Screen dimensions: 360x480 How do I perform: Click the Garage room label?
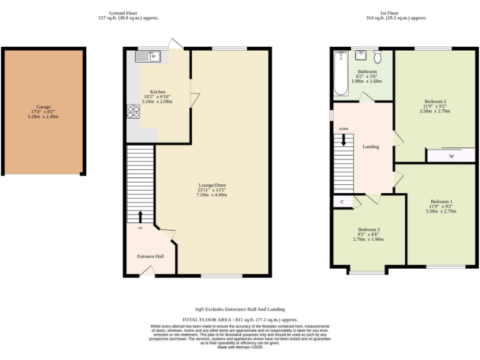(x=43, y=107)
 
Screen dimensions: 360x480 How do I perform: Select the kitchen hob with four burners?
(x=134, y=111)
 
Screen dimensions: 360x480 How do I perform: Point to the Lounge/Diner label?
(x=211, y=185)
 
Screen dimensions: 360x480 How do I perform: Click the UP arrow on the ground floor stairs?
(x=139, y=217)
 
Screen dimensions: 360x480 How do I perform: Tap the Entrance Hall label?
(x=150, y=256)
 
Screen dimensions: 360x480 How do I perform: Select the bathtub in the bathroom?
(x=341, y=74)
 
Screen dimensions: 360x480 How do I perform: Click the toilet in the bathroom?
(x=377, y=57)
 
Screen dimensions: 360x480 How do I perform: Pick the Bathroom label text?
(x=367, y=72)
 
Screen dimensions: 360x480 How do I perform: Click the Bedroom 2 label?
(x=435, y=101)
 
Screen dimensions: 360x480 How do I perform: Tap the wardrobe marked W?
(x=451, y=156)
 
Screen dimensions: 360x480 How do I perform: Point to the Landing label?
(x=371, y=147)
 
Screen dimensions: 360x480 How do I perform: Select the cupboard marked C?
(x=342, y=202)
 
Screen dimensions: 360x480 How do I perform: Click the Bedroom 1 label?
(x=441, y=201)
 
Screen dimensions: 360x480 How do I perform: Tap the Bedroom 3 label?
(x=368, y=229)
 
